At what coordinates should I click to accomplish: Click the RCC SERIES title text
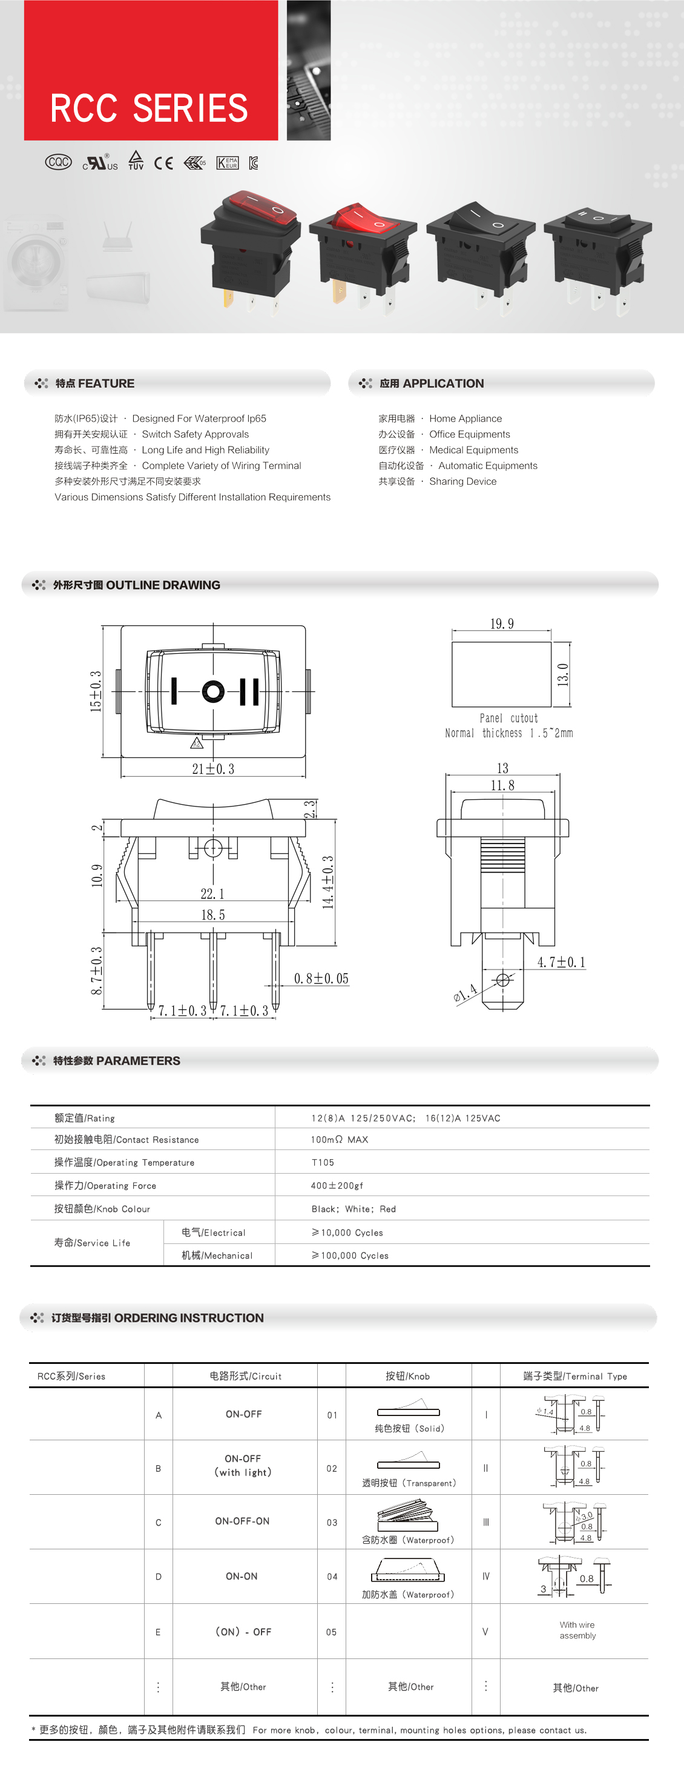point(149,108)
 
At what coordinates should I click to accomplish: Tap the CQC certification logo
point(59,162)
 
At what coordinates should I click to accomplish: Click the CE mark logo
point(163,163)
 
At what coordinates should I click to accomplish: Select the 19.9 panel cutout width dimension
point(502,623)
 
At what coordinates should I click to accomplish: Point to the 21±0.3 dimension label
point(212,769)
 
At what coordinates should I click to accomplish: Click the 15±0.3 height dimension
point(96,691)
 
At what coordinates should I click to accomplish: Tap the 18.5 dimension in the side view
point(212,915)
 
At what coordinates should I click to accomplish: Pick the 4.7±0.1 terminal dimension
point(561,962)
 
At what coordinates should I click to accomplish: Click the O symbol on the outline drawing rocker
point(213,691)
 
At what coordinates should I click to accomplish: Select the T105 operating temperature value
point(323,1162)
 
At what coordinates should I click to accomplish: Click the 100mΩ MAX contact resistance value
point(339,1140)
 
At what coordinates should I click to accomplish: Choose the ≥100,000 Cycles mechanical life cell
point(350,1255)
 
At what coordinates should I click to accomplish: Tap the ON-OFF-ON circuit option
point(242,1521)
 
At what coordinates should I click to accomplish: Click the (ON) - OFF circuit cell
point(243,1631)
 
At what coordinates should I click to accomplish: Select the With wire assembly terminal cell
point(577,1630)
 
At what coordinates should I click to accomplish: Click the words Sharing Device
point(462,481)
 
